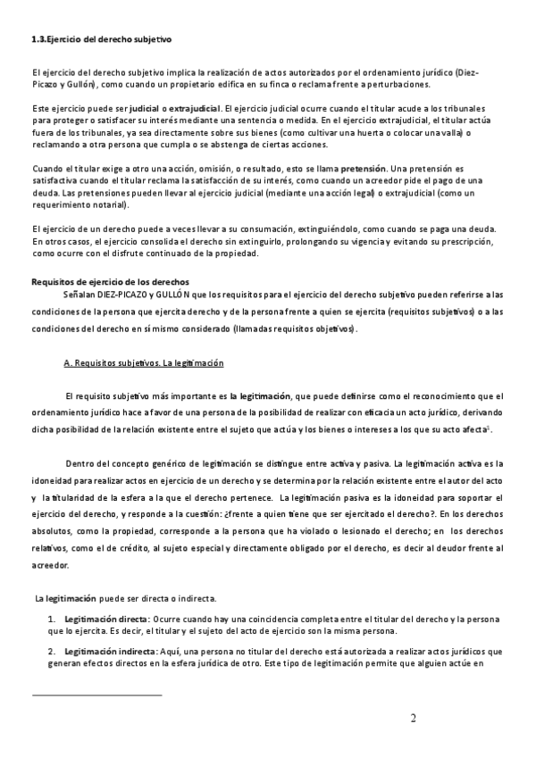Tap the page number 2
[414, 720]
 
